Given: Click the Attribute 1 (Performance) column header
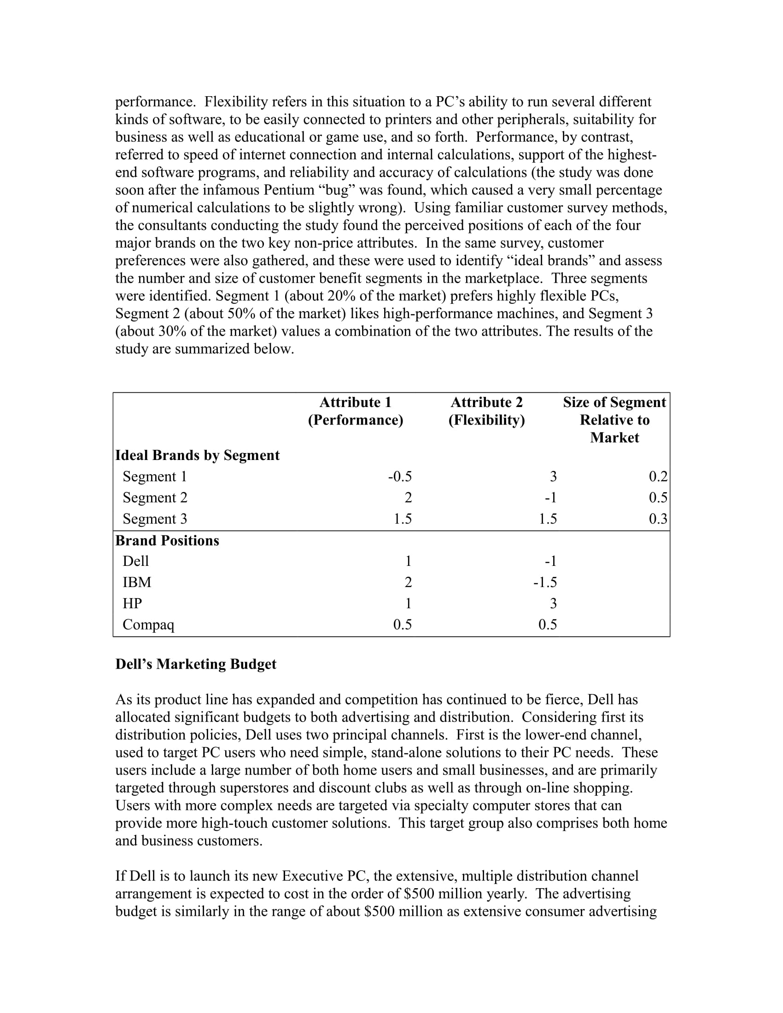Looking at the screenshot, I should point(355,411).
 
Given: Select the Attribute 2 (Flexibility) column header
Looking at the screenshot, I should point(486,411).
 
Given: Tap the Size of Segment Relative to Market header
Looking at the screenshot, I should point(614,420).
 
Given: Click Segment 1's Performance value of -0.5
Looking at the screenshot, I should point(400,477).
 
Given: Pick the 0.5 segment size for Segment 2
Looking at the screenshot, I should point(658,498).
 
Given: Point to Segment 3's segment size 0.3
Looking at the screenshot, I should point(658,518).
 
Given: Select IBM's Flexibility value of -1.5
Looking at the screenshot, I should point(545,582).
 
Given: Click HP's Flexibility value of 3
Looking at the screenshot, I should point(553,604).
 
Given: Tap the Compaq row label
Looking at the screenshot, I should point(148,625).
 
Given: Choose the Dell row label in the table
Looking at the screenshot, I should point(135,561).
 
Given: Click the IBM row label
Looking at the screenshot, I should point(137,582).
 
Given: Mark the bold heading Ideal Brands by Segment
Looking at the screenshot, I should point(197,455).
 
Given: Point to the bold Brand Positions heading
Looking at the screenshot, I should point(167,541).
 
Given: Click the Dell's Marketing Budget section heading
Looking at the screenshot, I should point(196,664).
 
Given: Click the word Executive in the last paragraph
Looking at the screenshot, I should point(312,876).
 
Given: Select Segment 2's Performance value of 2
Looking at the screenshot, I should point(408,498).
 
